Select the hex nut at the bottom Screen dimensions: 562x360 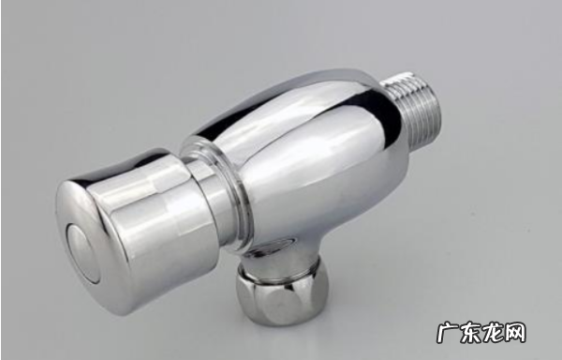click(282, 296)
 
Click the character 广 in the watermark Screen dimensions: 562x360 click(448, 333)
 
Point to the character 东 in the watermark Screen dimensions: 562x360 click(470, 333)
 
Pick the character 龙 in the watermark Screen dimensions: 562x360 click(493, 333)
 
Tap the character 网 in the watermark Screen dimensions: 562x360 click(514, 333)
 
